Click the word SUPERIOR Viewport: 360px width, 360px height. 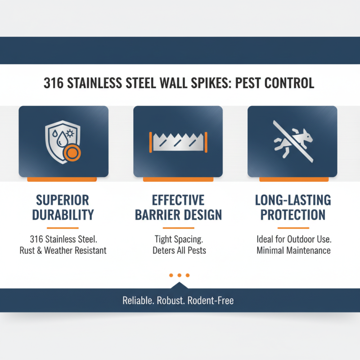point(63,200)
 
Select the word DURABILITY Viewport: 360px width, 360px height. point(63,215)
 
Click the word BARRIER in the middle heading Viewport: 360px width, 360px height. point(158,215)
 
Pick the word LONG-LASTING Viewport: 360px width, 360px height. point(293,200)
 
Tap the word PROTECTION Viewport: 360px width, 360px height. point(293,215)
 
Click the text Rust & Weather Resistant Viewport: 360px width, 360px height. point(63,251)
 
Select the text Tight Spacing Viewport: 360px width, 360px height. point(179,238)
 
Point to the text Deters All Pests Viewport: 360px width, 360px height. point(179,251)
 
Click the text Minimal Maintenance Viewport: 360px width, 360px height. point(293,251)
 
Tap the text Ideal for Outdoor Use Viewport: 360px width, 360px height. point(293,238)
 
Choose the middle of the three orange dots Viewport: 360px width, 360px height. point(179,275)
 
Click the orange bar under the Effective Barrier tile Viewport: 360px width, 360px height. point(178,179)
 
